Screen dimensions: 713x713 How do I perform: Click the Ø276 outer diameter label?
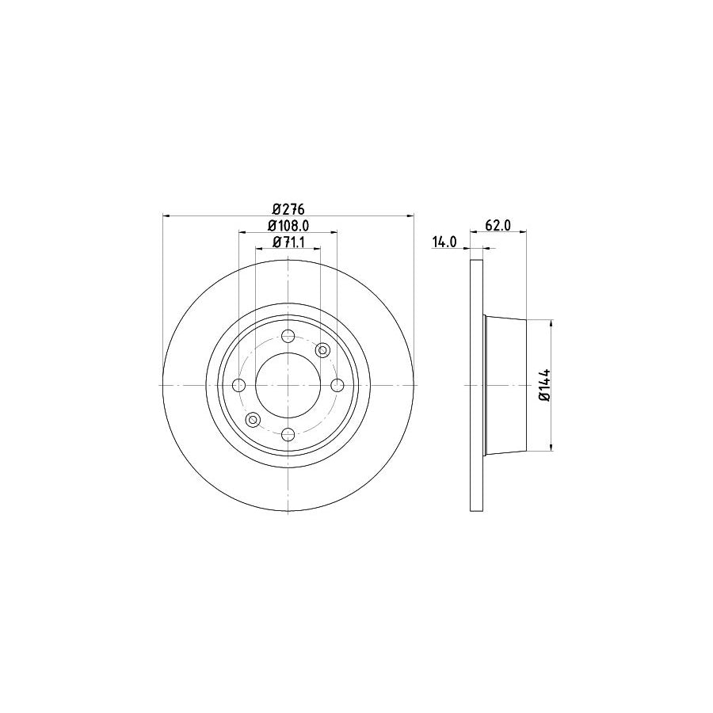point(288,209)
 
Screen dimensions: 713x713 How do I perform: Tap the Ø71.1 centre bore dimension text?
point(288,242)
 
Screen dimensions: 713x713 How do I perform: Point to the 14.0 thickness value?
point(444,242)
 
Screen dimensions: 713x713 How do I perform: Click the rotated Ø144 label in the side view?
point(545,385)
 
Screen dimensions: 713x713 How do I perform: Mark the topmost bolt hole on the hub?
point(288,335)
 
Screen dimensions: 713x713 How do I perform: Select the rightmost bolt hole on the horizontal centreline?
point(337,385)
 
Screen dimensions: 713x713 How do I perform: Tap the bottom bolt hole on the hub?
point(288,434)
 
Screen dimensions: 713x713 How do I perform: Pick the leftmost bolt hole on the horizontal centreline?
point(239,385)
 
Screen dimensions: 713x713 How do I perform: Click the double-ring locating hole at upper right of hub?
point(322,350)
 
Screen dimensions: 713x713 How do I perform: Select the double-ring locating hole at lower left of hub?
point(254,419)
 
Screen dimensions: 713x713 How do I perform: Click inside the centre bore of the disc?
point(288,385)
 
